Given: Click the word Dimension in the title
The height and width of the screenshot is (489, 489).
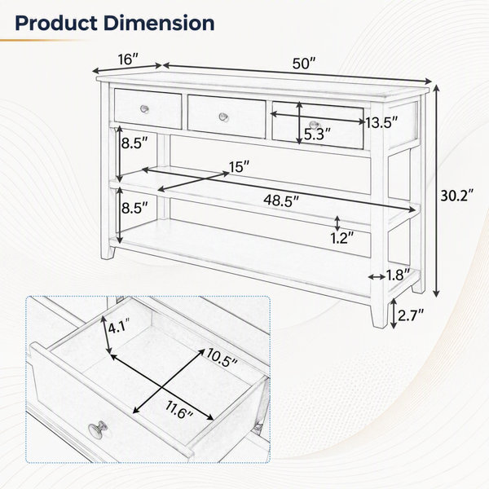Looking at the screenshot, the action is click(x=159, y=24).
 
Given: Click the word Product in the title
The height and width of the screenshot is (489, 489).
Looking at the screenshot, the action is click(x=55, y=24).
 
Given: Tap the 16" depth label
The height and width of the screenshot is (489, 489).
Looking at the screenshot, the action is click(x=128, y=59).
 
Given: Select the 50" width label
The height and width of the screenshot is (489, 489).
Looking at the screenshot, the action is click(x=304, y=64).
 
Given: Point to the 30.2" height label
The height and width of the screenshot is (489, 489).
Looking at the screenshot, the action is click(x=457, y=196).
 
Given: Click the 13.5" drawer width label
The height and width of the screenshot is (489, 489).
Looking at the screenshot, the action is click(x=381, y=123).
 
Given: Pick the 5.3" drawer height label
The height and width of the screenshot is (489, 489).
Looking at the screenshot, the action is click(x=317, y=134).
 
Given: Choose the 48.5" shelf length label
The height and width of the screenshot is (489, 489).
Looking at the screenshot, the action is click(x=281, y=200).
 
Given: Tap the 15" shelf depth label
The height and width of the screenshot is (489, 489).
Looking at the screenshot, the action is click(x=239, y=167).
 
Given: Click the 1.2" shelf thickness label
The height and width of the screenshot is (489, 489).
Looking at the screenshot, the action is click(x=342, y=239).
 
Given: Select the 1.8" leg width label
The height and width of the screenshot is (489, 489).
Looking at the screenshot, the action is click(x=399, y=275).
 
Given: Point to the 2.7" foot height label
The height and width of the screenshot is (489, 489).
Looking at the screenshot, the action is click(x=411, y=315).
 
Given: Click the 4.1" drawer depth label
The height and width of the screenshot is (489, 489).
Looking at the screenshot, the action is click(x=118, y=328).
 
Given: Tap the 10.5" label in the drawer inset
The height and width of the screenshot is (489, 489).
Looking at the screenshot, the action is click(x=222, y=357).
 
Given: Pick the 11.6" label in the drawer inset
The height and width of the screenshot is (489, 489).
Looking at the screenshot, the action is click(x=179, y=410).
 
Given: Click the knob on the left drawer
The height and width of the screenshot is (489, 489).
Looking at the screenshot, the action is click(x=144, y=109).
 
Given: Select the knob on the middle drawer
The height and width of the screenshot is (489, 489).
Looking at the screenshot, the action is click(x=223, y=117).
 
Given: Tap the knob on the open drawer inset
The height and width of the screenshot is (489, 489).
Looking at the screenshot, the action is click(x=98, y=430).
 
